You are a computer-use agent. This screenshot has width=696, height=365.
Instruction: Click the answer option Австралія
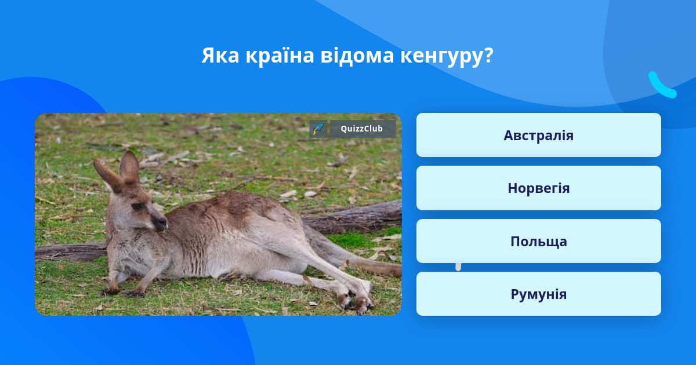tap(538, 135)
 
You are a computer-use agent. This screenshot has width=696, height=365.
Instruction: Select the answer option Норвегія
tap(538, 188)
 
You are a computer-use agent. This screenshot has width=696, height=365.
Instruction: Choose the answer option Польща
tap(538, 241)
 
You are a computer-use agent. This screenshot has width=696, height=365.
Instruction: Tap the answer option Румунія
tap(538, 294)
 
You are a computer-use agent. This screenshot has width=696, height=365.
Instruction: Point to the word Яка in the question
tap(220, 56)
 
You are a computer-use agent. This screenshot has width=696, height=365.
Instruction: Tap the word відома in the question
tap(357, 55)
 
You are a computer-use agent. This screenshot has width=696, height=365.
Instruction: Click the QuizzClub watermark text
tap(362, 129)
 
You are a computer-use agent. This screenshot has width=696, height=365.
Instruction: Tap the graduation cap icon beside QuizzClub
tap(318, 129)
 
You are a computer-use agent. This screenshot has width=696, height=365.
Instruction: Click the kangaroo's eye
tap(137, 206)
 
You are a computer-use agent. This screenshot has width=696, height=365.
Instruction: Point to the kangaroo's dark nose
tap(161, 223)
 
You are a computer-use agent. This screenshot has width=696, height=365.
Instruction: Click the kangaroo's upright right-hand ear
tap(129, 167)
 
